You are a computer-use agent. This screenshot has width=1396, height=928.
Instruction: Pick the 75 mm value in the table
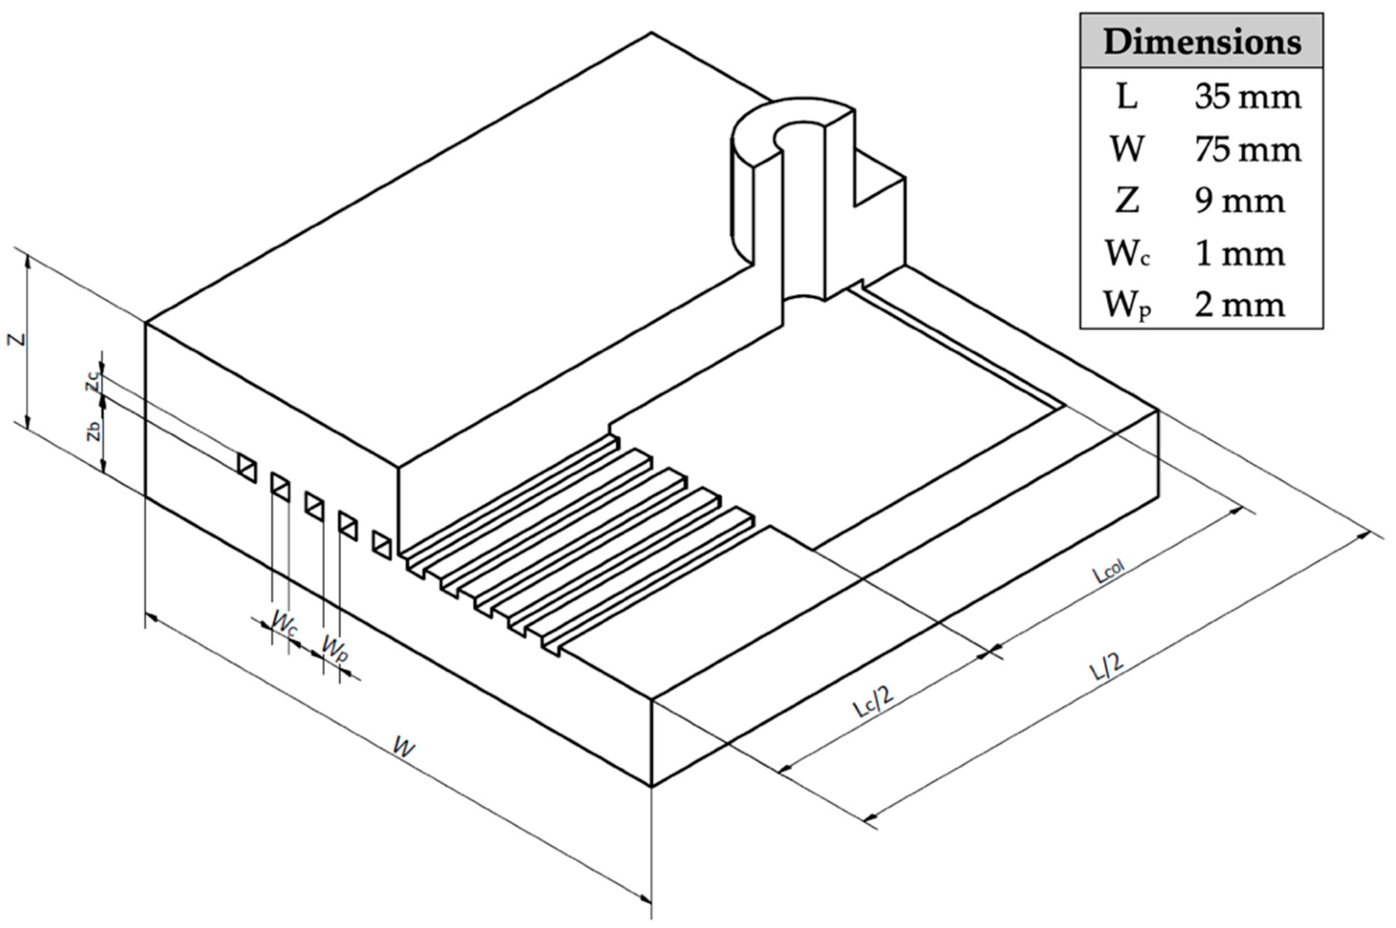tap(1247, 149)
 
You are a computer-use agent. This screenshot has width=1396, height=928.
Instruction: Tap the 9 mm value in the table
tap(1239, 201)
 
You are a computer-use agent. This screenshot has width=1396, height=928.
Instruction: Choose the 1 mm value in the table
tap(1239, 255)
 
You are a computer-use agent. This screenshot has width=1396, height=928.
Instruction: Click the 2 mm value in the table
tap(1239, 306)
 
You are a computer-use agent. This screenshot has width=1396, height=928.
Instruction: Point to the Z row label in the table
tap(1127, 201)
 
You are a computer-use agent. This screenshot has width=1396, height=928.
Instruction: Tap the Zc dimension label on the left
tap(92, 385)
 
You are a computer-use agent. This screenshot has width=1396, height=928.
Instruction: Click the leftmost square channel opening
tap(247, 468)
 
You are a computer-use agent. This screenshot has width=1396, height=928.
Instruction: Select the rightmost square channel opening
tap(381, 545)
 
